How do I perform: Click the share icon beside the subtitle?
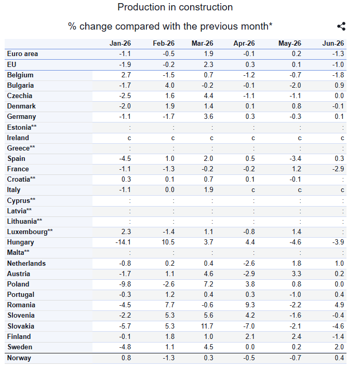point(341,26)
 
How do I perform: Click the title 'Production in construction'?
point(175,7)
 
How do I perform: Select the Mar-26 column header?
point(203,44)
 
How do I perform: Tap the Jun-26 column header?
point(333,44)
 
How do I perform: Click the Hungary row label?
point(20,242)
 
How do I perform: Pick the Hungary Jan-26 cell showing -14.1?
point(123,242)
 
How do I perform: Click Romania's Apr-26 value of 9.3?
point(250,305)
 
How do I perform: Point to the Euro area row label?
point(22,54)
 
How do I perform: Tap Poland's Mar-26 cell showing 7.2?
point(208,284)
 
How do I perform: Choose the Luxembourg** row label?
point(30,232)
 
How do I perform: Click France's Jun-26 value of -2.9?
point(338,169)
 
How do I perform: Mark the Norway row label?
point(19,358)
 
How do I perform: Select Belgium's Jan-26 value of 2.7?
point(126,75)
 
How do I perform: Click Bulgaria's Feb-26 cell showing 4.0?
point(170,86)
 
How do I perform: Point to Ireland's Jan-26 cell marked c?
point(129,138)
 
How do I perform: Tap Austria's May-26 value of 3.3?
point(297,274)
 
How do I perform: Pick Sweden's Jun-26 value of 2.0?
point(339,347)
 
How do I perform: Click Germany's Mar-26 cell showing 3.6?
point(208,117)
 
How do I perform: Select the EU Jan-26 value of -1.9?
point(125,64)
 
